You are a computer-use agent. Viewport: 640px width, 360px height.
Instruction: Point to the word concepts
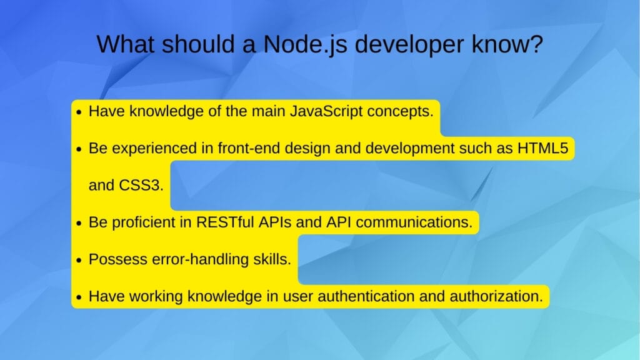[402, 112]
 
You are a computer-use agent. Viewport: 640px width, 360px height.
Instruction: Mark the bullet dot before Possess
[79, 260]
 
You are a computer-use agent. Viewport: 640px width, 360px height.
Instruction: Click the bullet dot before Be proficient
[79, 223]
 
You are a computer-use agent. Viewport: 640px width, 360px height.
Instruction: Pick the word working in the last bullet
[149, 296]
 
